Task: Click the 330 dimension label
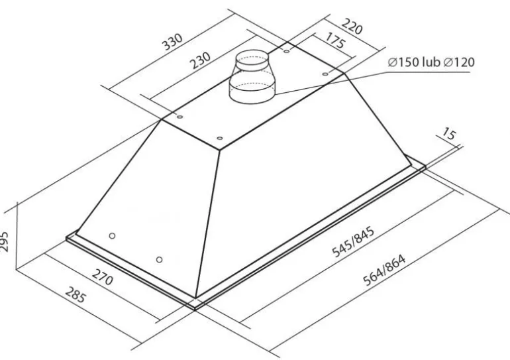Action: click(x=172, y=42)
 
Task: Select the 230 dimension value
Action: click(x=200, y=61)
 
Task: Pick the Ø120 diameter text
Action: click(x=459, y=62)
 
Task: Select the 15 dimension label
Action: click(x=449, y=133)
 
